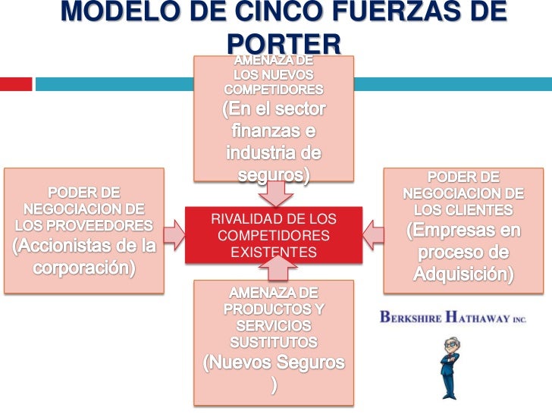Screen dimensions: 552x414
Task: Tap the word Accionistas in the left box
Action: [64, 246]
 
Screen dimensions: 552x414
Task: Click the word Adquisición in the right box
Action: [463, 273]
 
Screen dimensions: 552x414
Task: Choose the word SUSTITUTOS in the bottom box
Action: [274, 342]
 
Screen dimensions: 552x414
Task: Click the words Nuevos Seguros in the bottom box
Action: [274, 362]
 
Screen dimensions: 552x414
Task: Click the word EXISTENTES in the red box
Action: [274, 252]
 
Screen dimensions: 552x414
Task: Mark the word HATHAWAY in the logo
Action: [479, 318]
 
